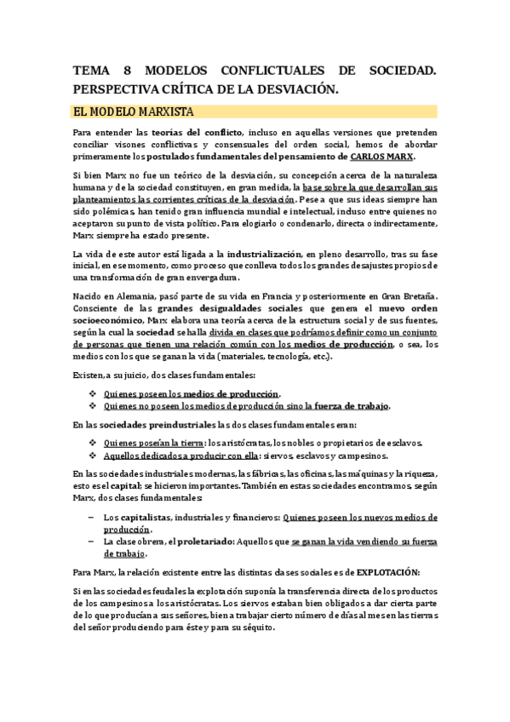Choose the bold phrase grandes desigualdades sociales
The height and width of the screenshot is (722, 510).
(x=215, y=307)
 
